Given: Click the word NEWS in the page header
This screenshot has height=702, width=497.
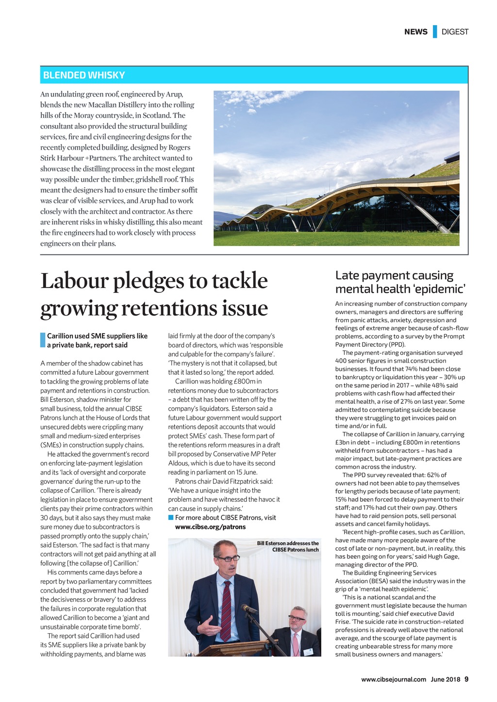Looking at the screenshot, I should [x=415, y=32].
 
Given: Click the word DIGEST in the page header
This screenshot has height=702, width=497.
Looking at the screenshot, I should [x=455, y=32].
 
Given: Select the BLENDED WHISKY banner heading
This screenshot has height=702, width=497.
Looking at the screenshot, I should [x=84, y=75].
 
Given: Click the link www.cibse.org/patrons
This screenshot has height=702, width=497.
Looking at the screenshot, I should [x=210, y=527].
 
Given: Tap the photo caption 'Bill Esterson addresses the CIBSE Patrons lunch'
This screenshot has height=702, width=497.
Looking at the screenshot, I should [x=288, y=546].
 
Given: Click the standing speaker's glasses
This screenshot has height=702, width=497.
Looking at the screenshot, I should [x=228, y=558].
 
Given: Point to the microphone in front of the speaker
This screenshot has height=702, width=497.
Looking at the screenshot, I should [x=248, y=608].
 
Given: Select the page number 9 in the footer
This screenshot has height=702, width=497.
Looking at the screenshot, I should [x=466, y=679].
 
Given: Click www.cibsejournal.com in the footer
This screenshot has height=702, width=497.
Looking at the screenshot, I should [x=394, y=679].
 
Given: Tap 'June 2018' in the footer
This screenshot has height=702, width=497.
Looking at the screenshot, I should [x=446, y=679].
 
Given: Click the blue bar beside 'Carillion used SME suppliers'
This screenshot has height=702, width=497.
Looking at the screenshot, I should [x=43, y=340].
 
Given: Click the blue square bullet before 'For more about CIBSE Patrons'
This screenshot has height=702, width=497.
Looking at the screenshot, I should [x=171, y=518].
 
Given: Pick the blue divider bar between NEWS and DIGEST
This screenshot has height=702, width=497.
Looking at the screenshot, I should [x=435, y=32].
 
